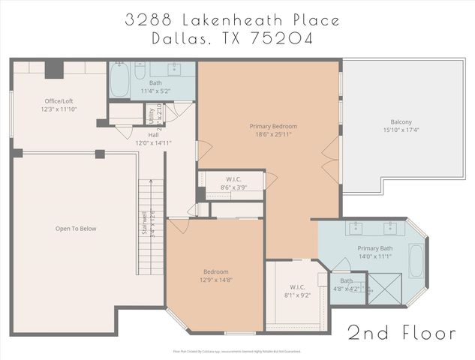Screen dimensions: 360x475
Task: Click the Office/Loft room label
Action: click(x=59, y=100)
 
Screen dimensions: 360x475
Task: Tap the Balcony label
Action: click(x=401, y=122)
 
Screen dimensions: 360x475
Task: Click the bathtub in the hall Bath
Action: click(x=120, y=81)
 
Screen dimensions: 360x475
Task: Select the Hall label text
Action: click(x=143, y=135)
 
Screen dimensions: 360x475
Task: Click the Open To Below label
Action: click(x=76, y=229)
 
